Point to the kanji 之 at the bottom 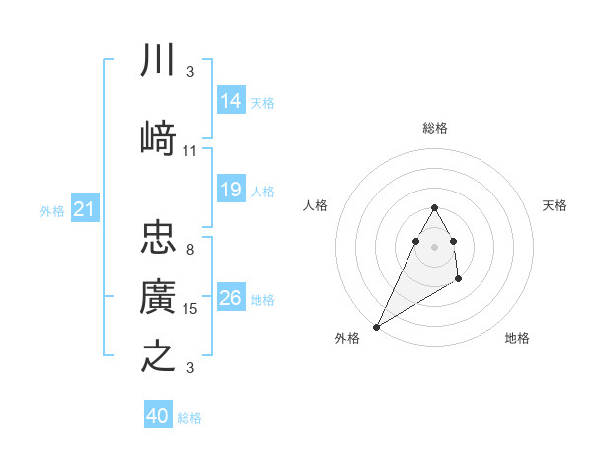158,355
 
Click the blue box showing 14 231,101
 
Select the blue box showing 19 231,190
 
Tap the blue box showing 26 231,298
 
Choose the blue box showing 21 84,209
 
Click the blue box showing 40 158,416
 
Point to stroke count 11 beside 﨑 190,151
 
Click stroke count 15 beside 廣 190,309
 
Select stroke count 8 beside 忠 190,250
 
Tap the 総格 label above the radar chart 434,129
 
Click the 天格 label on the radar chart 555,205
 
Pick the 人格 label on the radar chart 315,205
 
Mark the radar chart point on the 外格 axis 376,327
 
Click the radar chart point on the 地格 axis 458,281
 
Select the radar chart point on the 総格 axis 434,207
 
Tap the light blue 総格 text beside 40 190,418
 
